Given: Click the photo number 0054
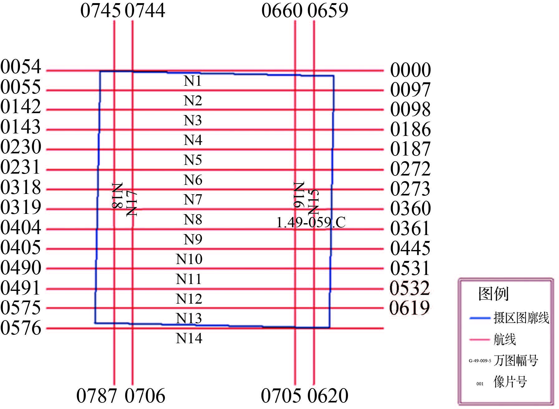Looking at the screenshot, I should coord(21,67).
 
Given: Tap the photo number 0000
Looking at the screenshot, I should coord(410,70).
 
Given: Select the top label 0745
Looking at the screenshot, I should coord(100,11).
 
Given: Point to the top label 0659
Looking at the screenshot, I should coord(328,11).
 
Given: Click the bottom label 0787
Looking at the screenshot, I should coord(97,396).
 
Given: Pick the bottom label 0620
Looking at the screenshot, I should coord(328,396).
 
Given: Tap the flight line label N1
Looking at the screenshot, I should coord(193,81).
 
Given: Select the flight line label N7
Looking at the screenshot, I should coord(193,200).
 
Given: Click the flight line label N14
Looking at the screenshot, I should coord(189,339).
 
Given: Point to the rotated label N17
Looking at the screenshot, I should coord(132,203).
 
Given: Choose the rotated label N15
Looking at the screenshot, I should coord(314,202).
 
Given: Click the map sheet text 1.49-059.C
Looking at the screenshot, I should coord(311,223).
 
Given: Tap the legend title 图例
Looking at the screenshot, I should coord(493,294).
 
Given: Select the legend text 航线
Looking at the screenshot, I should coord(504,339).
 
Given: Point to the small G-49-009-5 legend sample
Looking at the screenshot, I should coord(480,361).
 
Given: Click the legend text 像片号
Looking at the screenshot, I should coord(510,382).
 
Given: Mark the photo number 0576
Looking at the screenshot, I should coord(21,328).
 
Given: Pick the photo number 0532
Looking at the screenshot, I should coord(410,288).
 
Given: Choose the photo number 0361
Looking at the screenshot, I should coord(410,229).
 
